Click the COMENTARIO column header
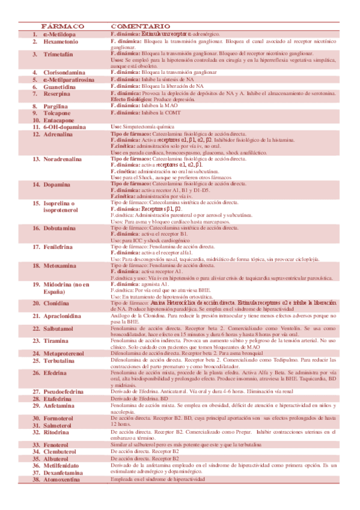click(x=141, y=27)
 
